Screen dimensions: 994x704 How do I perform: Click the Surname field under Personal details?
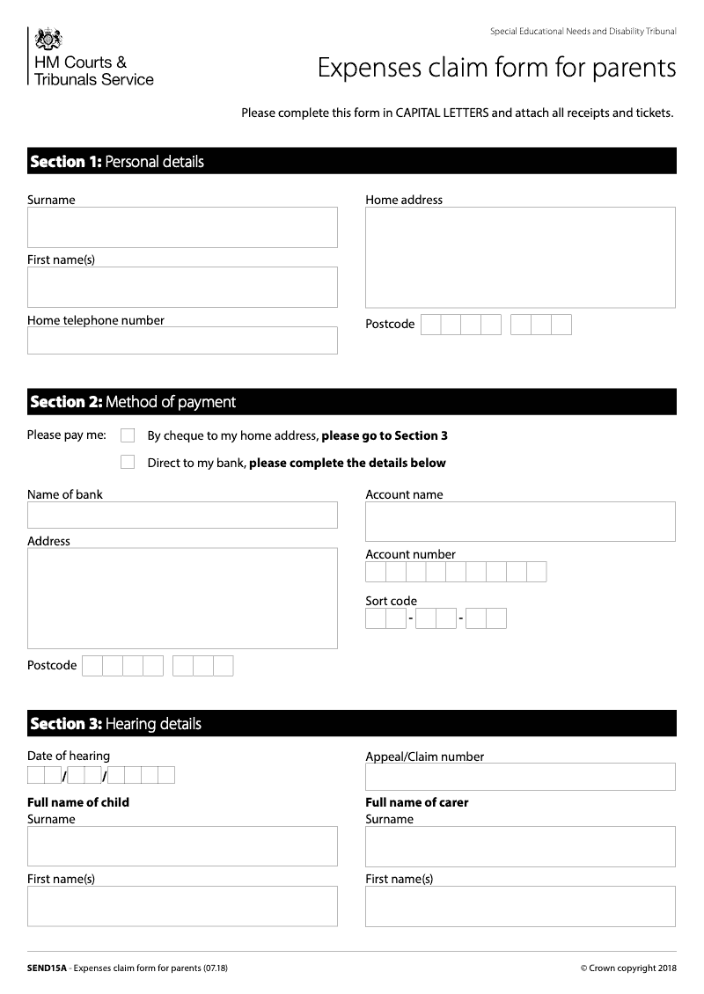182,227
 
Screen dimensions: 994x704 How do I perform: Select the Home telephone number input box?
182,340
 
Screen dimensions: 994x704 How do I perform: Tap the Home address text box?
520,257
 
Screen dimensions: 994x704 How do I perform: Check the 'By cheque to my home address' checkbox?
128,435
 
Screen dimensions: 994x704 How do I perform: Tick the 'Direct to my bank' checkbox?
128,463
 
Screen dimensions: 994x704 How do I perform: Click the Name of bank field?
182,515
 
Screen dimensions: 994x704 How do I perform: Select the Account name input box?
520,521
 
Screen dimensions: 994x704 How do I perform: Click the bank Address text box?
182,598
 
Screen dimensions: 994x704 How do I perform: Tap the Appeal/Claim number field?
520,777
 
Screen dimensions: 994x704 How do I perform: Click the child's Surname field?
182,846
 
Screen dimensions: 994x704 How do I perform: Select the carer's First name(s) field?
520,906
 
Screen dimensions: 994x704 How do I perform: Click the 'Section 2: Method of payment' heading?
133,402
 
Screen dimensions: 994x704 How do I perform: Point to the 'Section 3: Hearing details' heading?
115,724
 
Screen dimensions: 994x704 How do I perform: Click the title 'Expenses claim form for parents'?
496,68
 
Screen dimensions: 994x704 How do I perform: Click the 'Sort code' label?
391,602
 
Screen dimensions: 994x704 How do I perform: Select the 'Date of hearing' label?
69,756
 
